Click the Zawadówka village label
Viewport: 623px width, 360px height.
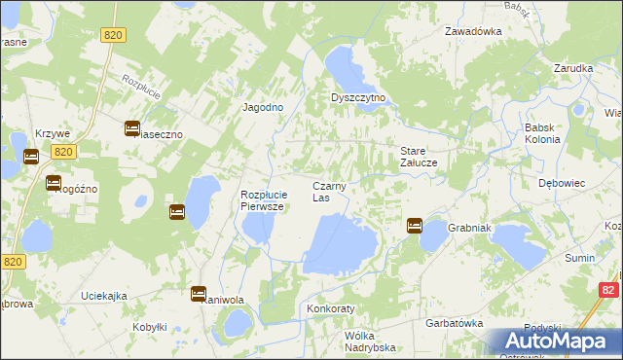(x=473, y=30)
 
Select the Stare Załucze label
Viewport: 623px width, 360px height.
(x=423, y=157)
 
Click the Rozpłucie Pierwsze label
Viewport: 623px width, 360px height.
(x=262, y=200)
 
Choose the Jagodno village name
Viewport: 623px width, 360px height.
(x=262, y=108)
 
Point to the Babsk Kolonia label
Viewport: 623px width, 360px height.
(x=542, y=133)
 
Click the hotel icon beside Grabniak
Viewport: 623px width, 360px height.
(x=414, y=226)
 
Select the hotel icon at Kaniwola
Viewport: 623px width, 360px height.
(x=199, y=293)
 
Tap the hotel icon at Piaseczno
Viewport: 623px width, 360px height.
(x=132, y=127)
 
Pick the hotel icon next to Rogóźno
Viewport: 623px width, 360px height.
(x=53, y=182)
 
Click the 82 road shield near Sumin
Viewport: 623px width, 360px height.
(x=608, y=289)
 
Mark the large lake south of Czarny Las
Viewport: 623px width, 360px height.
(x=341, y=243)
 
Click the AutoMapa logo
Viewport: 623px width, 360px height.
(x=556, y=342)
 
